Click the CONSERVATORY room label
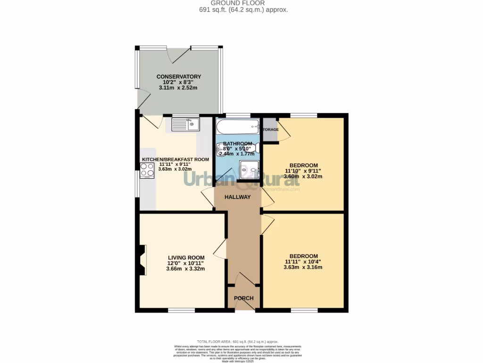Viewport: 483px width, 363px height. pos(179,77)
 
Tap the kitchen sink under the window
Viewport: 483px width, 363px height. pos(186,125)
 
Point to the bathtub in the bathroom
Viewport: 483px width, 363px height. pos(237,126)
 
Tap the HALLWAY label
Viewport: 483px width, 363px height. pos(237,197)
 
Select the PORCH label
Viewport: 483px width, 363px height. pos(244,298)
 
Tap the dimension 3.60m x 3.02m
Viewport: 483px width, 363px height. pos(303,177)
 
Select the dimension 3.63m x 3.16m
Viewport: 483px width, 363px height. pos(303,267)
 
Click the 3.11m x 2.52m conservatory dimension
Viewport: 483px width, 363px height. pos(178,88)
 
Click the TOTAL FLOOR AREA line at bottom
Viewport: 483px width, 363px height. pos(237,341)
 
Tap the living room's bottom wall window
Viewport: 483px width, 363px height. pos(182,310)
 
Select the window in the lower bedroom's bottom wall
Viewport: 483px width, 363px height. pos(304,310)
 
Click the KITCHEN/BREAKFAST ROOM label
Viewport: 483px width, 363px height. pos(175,160)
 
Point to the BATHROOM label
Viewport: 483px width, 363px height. pos(238,144)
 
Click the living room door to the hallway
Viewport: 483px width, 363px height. pos(220,248)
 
